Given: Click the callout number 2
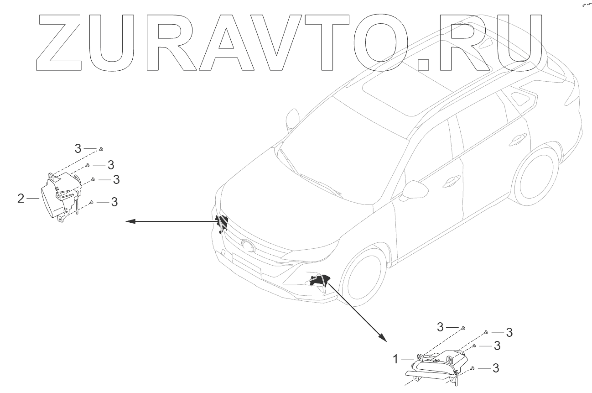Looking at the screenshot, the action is (x=21, y=199).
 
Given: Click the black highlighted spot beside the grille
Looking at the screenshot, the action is (x=222, y=222).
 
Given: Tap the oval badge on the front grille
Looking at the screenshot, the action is (x=249, y=245).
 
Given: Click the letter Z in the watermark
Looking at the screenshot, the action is (x=59, y=43).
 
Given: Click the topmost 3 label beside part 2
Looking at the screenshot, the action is (x=78, y=148).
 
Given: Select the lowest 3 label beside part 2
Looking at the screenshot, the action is (x=114, y=201).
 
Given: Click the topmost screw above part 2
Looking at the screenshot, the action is (x=101, y=149).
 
